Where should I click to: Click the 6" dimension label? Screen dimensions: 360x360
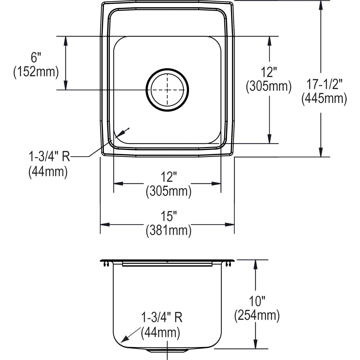point(36,57)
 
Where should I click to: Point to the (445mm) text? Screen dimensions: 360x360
point(324,98)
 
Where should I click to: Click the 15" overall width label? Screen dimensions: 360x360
point(168,216)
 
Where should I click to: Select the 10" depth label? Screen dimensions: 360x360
point(257,300)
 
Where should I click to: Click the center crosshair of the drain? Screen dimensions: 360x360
point(167,90)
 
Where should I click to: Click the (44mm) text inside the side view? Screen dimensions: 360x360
point(160,333)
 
